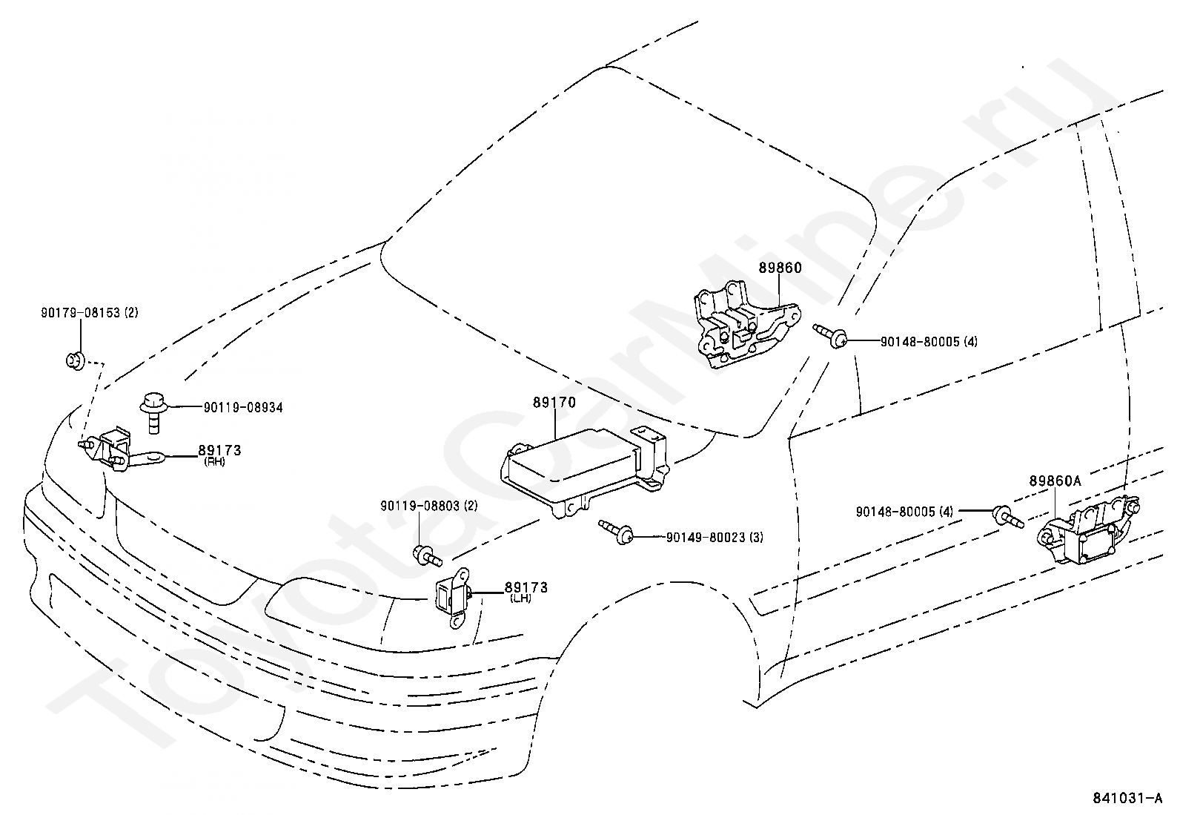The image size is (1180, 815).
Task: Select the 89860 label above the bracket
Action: click(779, 268)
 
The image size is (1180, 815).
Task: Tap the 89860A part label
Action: click(1055, 481)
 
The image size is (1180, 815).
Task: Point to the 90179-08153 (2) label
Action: click(89, 313)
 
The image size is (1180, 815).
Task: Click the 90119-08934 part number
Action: click(243, 407)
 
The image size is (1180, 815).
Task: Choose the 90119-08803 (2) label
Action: click(428, 506)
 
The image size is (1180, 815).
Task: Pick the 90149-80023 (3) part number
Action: click(714, 537)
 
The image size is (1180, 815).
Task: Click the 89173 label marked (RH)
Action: click(219, 451)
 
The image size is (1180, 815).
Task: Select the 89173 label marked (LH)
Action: click(526, 587)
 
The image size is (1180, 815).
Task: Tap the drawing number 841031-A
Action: click(1127, 799)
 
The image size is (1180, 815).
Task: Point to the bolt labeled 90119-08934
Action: click(153, 412)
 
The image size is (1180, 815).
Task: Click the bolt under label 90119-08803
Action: click(427, 554)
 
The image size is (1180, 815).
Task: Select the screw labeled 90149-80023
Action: click(616, 529)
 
